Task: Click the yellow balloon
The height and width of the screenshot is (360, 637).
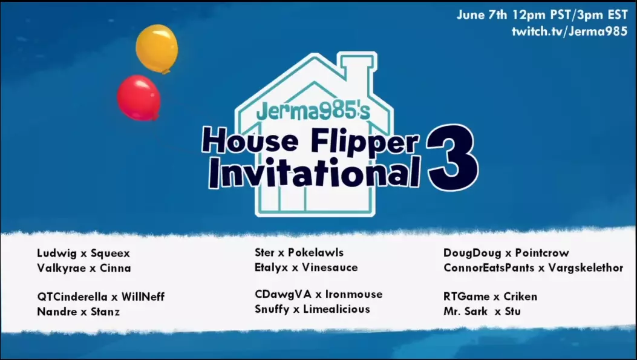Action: [157, 48]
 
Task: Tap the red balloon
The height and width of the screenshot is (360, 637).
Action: [139, 97]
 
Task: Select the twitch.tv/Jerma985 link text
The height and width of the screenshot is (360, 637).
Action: [570, 31]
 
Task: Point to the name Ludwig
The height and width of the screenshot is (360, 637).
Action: [57, 254]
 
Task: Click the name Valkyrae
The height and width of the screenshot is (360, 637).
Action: [61, 268]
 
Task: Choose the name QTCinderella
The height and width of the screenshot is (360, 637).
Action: [73, 296]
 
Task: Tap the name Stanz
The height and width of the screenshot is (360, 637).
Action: [105, 312]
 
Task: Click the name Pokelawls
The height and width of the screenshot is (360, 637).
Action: [316, 252]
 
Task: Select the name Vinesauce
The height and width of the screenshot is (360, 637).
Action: [330, 267]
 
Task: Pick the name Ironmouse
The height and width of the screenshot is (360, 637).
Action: [354, 294]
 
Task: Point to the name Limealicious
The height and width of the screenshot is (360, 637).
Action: [337, 309]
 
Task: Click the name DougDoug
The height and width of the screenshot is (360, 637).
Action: [472, 253]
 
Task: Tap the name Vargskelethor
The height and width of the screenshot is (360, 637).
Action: [586, 268]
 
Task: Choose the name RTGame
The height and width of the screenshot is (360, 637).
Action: [466, 296]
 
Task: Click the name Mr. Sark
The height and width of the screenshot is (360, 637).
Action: [466, 311]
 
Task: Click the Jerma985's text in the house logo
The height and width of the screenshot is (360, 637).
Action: [313, 111]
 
